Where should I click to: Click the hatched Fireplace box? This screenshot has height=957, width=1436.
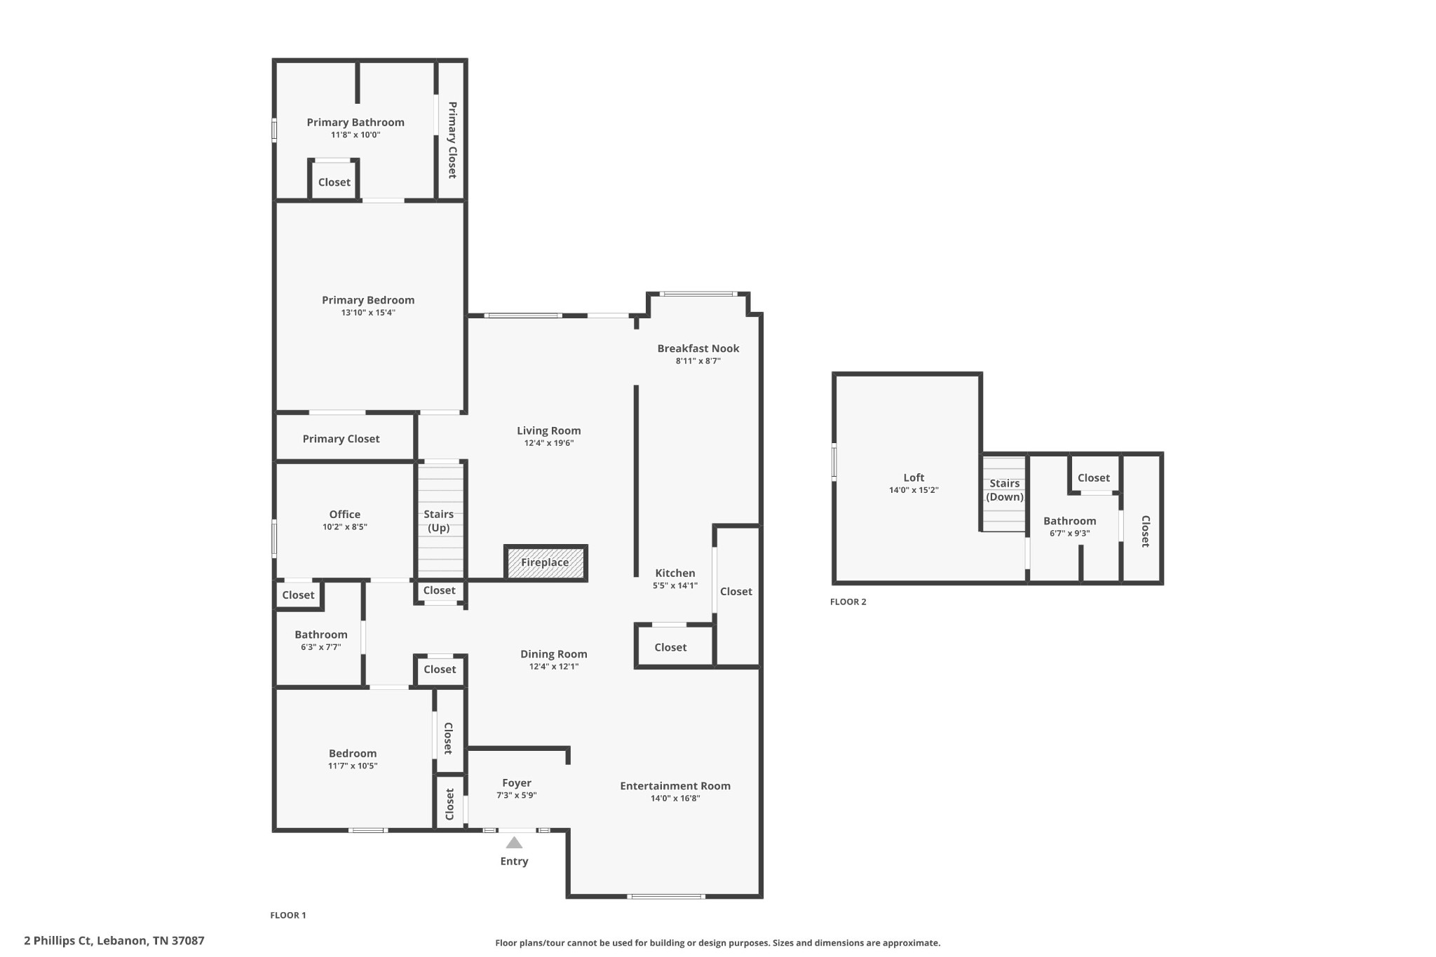(546, 562)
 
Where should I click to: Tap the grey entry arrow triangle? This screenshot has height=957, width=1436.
(514, 842)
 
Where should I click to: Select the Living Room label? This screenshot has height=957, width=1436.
(549, 430)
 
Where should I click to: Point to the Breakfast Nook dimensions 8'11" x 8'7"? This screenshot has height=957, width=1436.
(698, 361)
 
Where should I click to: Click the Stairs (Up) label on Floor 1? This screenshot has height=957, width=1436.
(439, 521)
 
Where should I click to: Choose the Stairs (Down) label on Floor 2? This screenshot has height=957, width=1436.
(1005, 490)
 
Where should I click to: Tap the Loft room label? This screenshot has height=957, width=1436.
(914, 477)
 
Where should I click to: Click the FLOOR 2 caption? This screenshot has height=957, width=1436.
(848, 602)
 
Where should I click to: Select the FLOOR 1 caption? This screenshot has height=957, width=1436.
(288, 915)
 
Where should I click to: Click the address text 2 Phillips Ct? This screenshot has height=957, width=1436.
(57, 941)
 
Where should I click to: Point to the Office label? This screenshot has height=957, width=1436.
(345, 514)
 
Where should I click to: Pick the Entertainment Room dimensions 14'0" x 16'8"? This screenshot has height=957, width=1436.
(675, 799)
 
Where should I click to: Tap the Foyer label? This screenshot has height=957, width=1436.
(517, 783)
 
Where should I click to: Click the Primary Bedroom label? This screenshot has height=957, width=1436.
(368, 300)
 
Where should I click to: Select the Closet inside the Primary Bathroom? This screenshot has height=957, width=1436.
(334, 182)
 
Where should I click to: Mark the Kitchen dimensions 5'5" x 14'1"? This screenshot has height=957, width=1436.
(675, 585)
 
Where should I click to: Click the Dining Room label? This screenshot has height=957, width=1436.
(554, 654)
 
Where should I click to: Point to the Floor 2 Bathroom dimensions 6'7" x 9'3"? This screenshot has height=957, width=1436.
(1070, 534)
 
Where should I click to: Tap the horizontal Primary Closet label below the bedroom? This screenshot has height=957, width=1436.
(341, 439)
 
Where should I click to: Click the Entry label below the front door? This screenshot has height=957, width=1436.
(514, 862)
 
